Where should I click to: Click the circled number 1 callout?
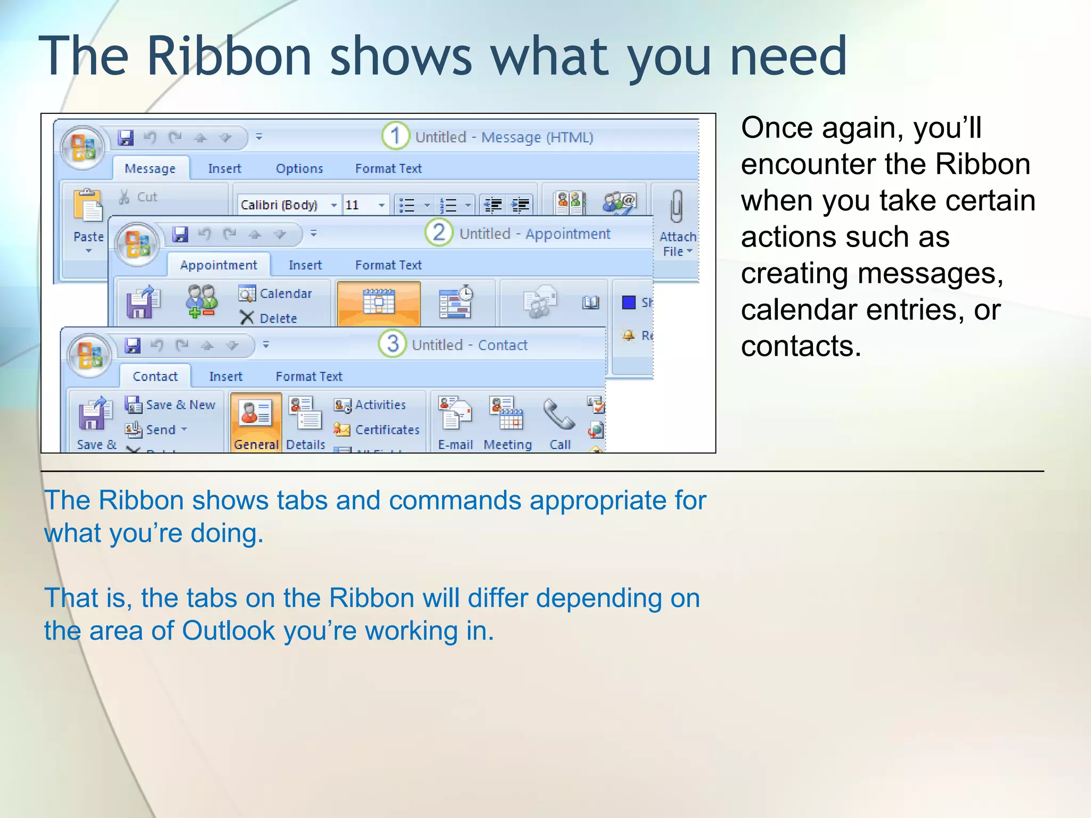click(x=395, y=136)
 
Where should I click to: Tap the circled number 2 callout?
click(x=439, y=233)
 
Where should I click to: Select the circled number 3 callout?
click(x=393, y=344)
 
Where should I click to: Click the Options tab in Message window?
click(x=299, y=169)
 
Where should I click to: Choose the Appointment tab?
click(x=218, y=265)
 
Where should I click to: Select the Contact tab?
click(x=155, y=377)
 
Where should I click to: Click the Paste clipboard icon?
click(x=88, y=206)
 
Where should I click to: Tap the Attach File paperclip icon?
click(x=677, y=207)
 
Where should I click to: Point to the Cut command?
click(x=139, y=197)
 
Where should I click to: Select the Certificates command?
click(x=377, y=430)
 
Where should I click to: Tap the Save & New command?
click(x=171, y=405)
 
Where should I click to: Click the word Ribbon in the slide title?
click(x=229, y=56)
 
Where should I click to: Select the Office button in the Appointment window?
click(x=138, y=244)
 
